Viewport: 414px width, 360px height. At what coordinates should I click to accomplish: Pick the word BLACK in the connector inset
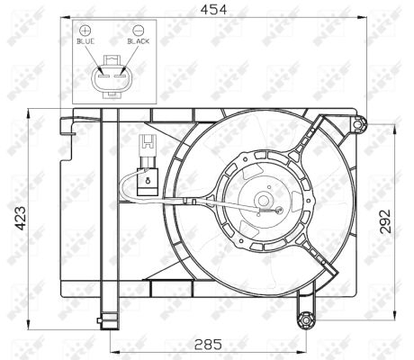(138, 41)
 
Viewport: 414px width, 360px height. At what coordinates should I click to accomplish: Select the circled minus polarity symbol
(138, 30)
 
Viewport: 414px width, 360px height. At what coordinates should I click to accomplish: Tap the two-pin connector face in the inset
(110, 76)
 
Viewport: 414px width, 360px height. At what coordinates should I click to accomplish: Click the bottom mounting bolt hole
(306, 318)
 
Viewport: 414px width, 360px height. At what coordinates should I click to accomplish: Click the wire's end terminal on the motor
(281, 212)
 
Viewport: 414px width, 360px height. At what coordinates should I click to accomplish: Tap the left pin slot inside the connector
(103, 76)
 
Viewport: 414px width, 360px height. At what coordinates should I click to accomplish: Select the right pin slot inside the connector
(116, 76)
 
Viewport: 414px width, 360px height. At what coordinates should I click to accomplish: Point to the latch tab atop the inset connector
(110, 58)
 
